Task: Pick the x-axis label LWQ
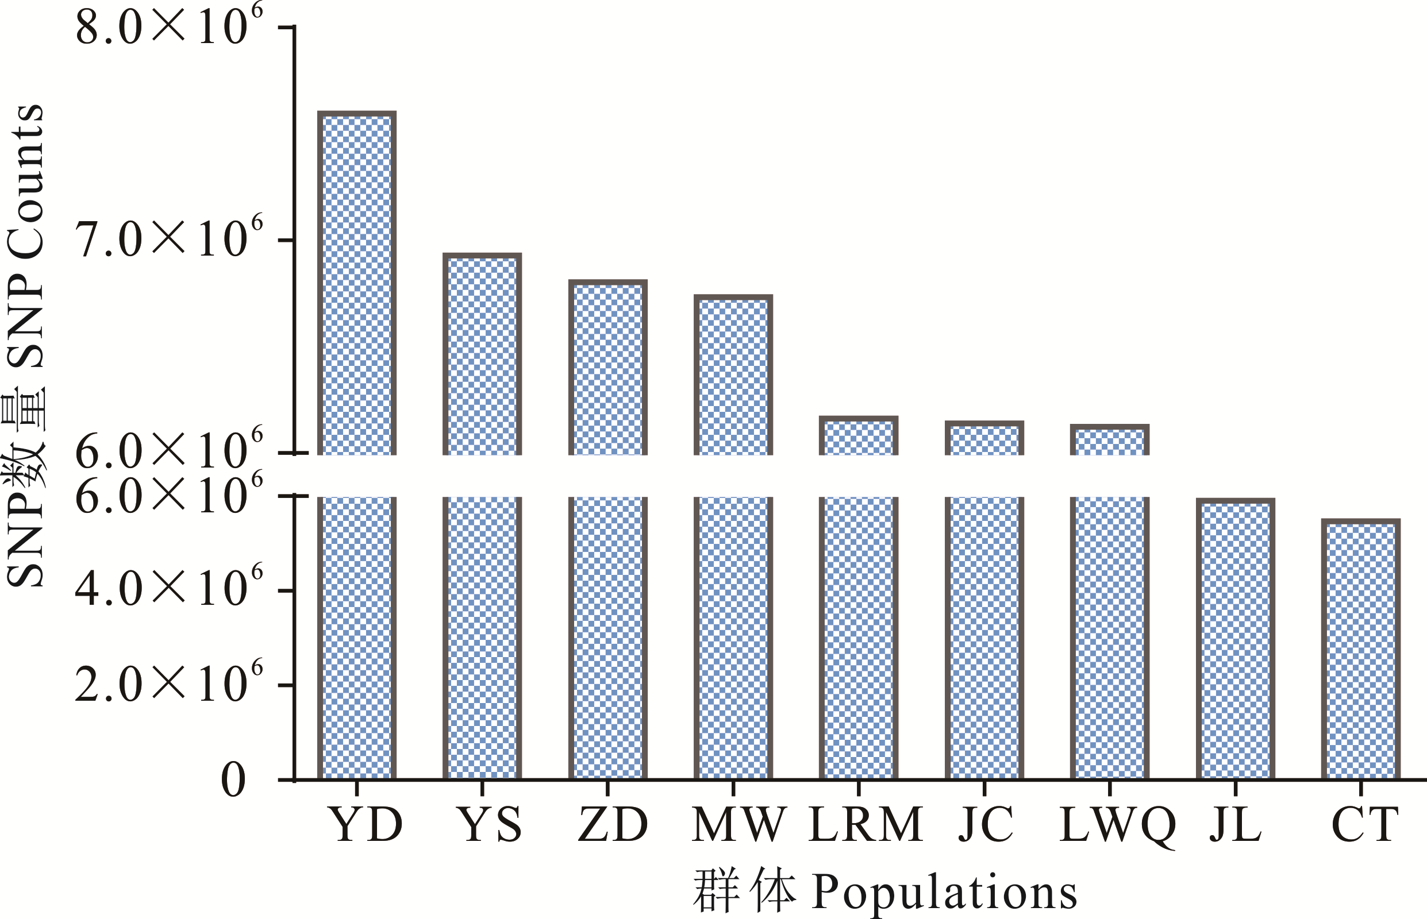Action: [x=1117, y=825]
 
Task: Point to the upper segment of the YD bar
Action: [x=356, y=284]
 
